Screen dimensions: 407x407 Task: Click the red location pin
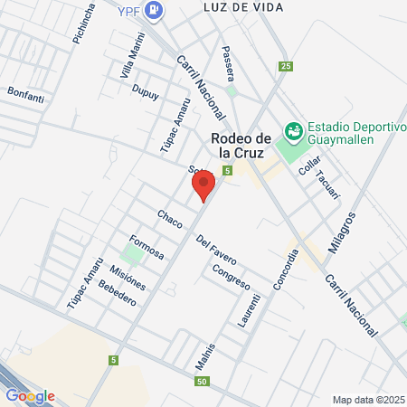pyautogui.click(x=203, y=185)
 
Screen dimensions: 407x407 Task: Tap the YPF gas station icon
pyautogui.click(x=156, y=11)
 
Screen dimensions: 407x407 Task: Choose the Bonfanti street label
pyautogui.click(x=25, y=92)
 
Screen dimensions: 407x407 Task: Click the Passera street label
pyautogui.click(x=228, y=62)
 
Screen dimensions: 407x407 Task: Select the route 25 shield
pyautogui.click(x=286, y=66)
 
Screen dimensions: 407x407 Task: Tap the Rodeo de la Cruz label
pyautogui.click(x=241, y=146)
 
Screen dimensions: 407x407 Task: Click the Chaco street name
pyautogui.click(x=169, y=218)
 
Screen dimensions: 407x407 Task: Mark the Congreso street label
pyautogui.click(x=231, y=276)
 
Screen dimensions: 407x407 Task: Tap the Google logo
pyautogui.click(x=30, y=395)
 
